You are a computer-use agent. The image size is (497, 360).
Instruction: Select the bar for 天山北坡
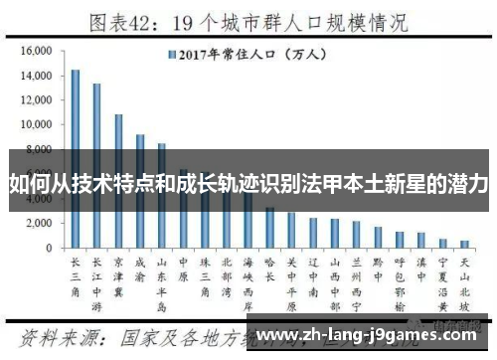tap(464, 244)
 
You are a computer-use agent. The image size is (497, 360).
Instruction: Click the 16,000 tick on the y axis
tap(35, 51)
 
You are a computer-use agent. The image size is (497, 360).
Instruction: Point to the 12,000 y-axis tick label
tap(35, 99)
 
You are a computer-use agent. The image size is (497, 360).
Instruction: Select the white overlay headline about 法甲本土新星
tap(248, 185)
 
